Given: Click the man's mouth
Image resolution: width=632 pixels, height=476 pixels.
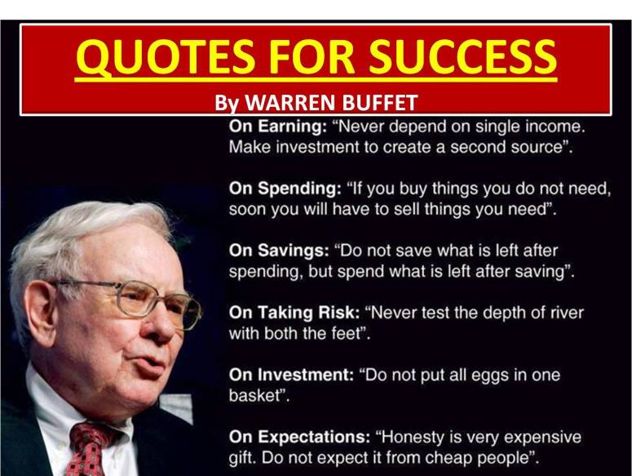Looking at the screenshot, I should tap(155, 367).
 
